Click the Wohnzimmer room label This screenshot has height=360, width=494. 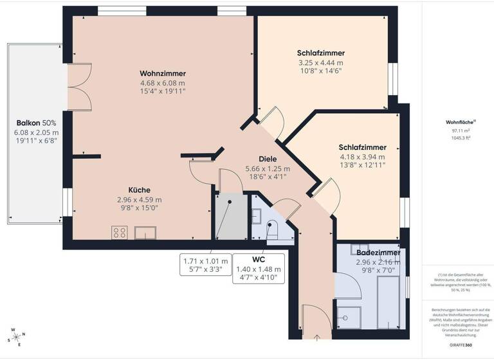tap(163, 73)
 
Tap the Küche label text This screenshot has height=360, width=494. tap(140, 190)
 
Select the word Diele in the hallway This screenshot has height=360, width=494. tap(268, 159)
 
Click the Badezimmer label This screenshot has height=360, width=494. tap(378, 253)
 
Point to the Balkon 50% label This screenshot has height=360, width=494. tap(36, 122)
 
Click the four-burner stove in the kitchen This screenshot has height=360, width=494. tap(120, 232)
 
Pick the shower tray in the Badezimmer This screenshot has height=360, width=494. tap(349, 316)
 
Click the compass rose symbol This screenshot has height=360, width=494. tap(17, 337)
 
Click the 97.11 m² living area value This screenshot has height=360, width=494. tap(461, 130)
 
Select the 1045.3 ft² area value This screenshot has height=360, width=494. tap(461, 138)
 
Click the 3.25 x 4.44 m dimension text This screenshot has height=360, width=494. tap(320, 63)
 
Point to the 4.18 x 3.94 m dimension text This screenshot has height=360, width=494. tap(362, 156)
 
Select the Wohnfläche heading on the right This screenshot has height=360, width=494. tap(460, 122)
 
